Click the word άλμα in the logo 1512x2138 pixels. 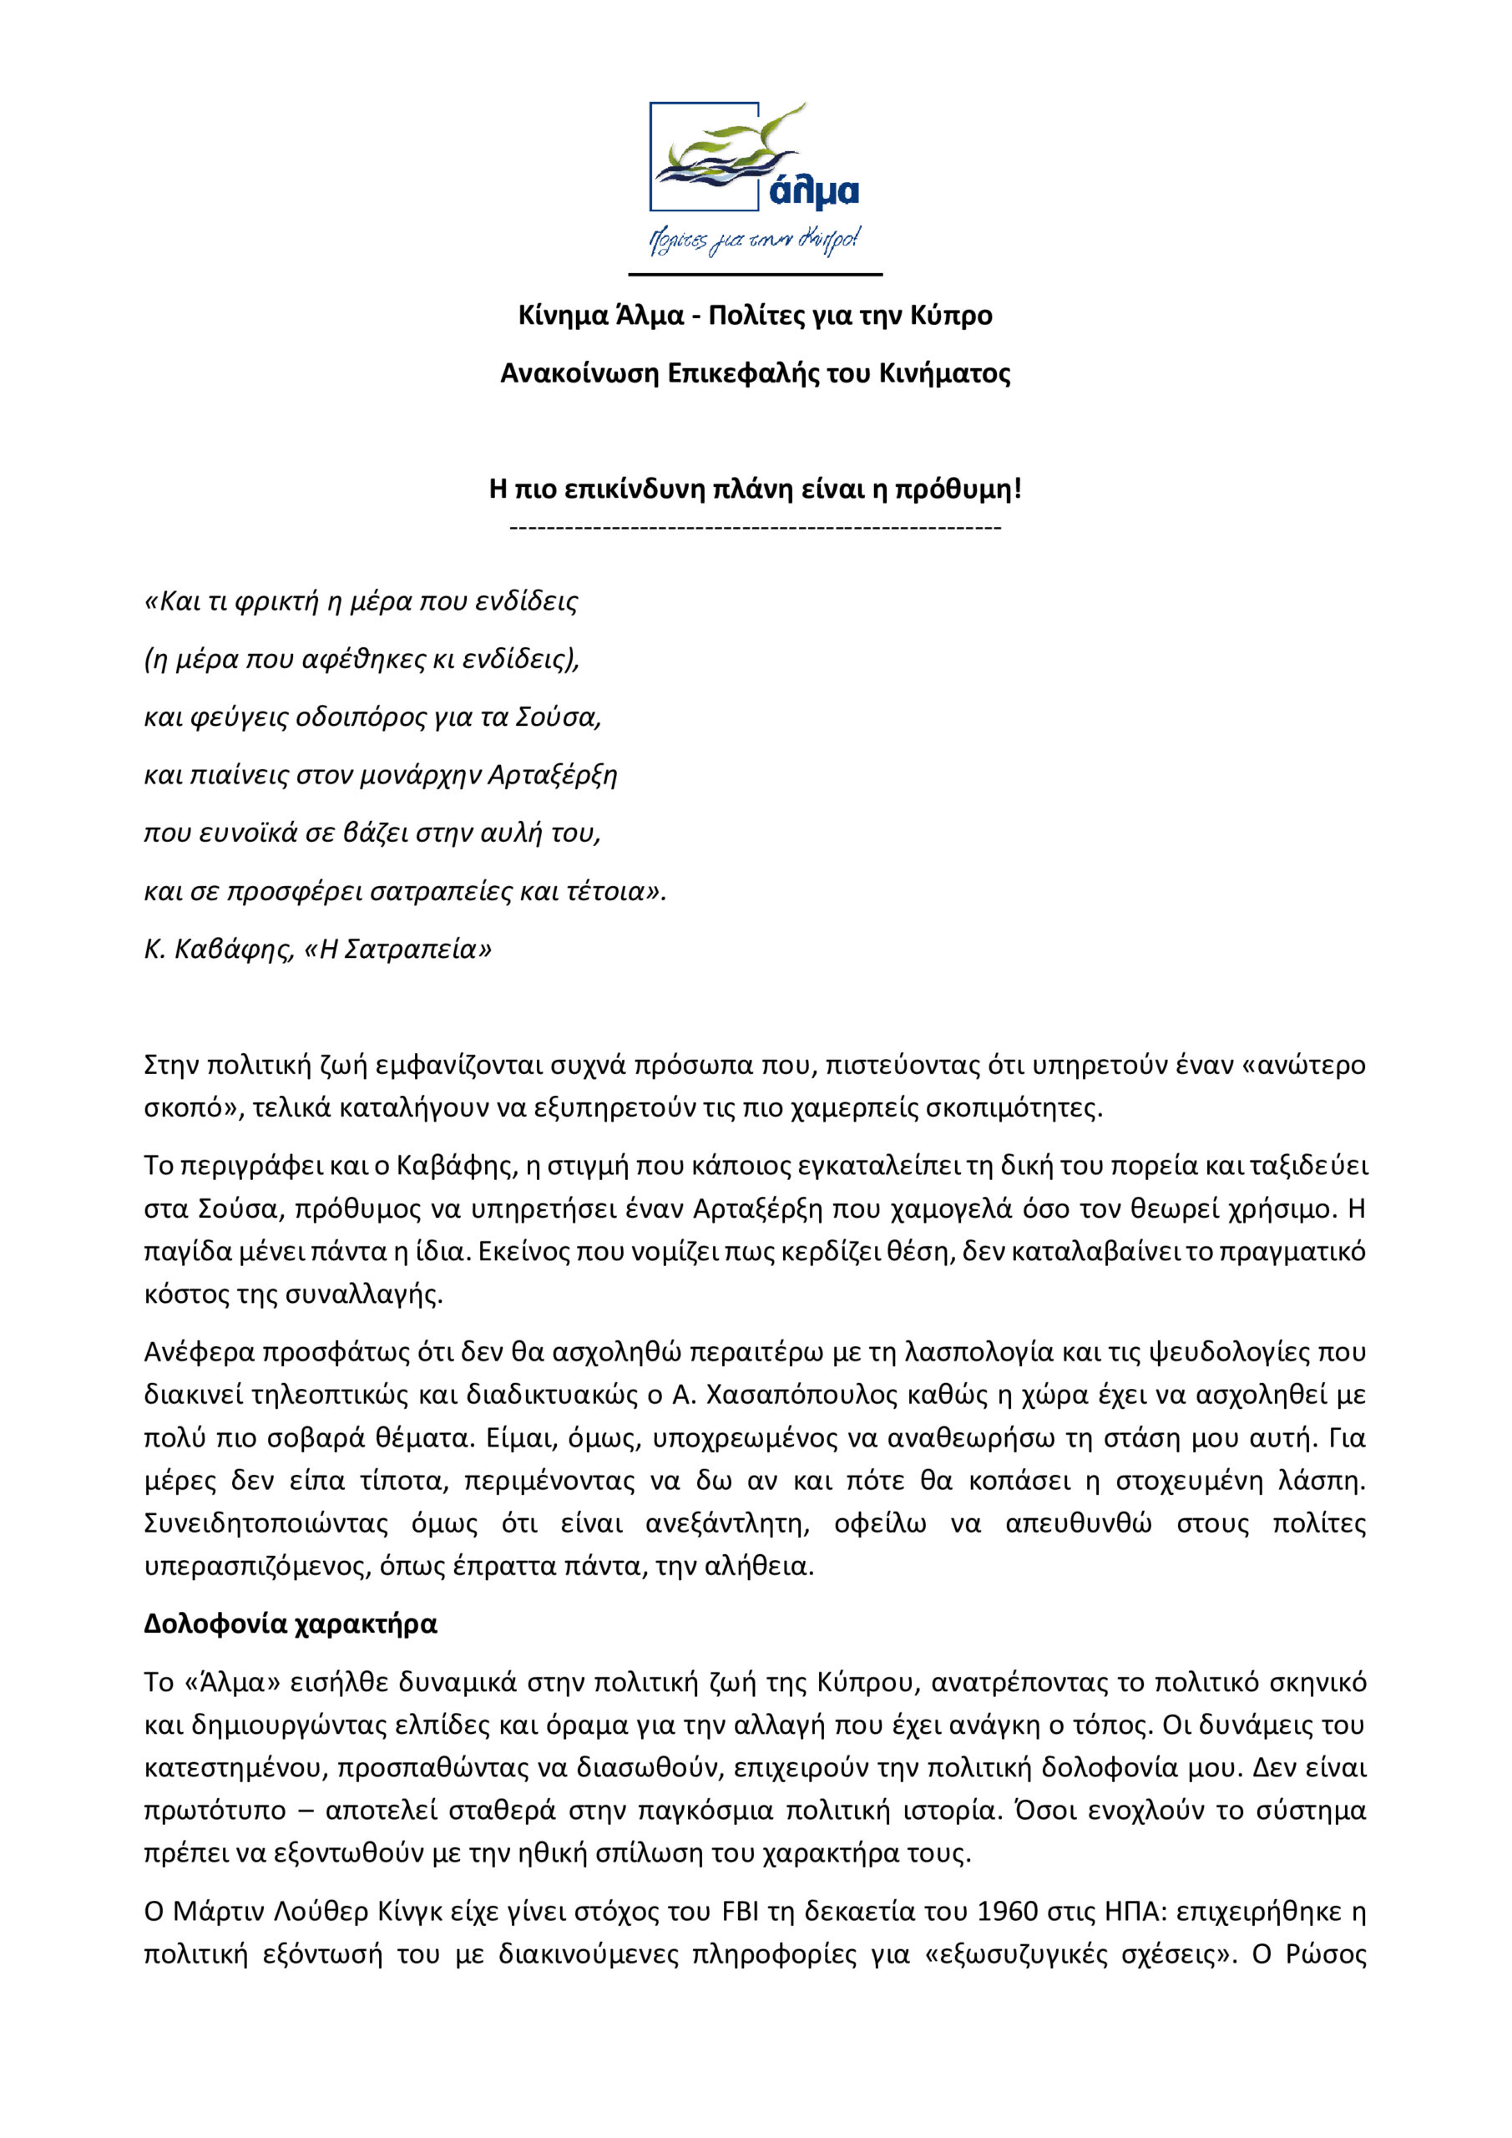coord(814,192)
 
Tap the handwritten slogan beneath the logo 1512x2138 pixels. coord(754,241)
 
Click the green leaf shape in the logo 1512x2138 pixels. coord(736,139)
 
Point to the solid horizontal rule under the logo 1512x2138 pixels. coord(755,275)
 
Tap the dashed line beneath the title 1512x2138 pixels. coord(755,528)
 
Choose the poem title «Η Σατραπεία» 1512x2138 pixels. coord(397,949)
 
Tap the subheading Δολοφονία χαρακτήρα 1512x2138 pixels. coord(291,1623)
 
